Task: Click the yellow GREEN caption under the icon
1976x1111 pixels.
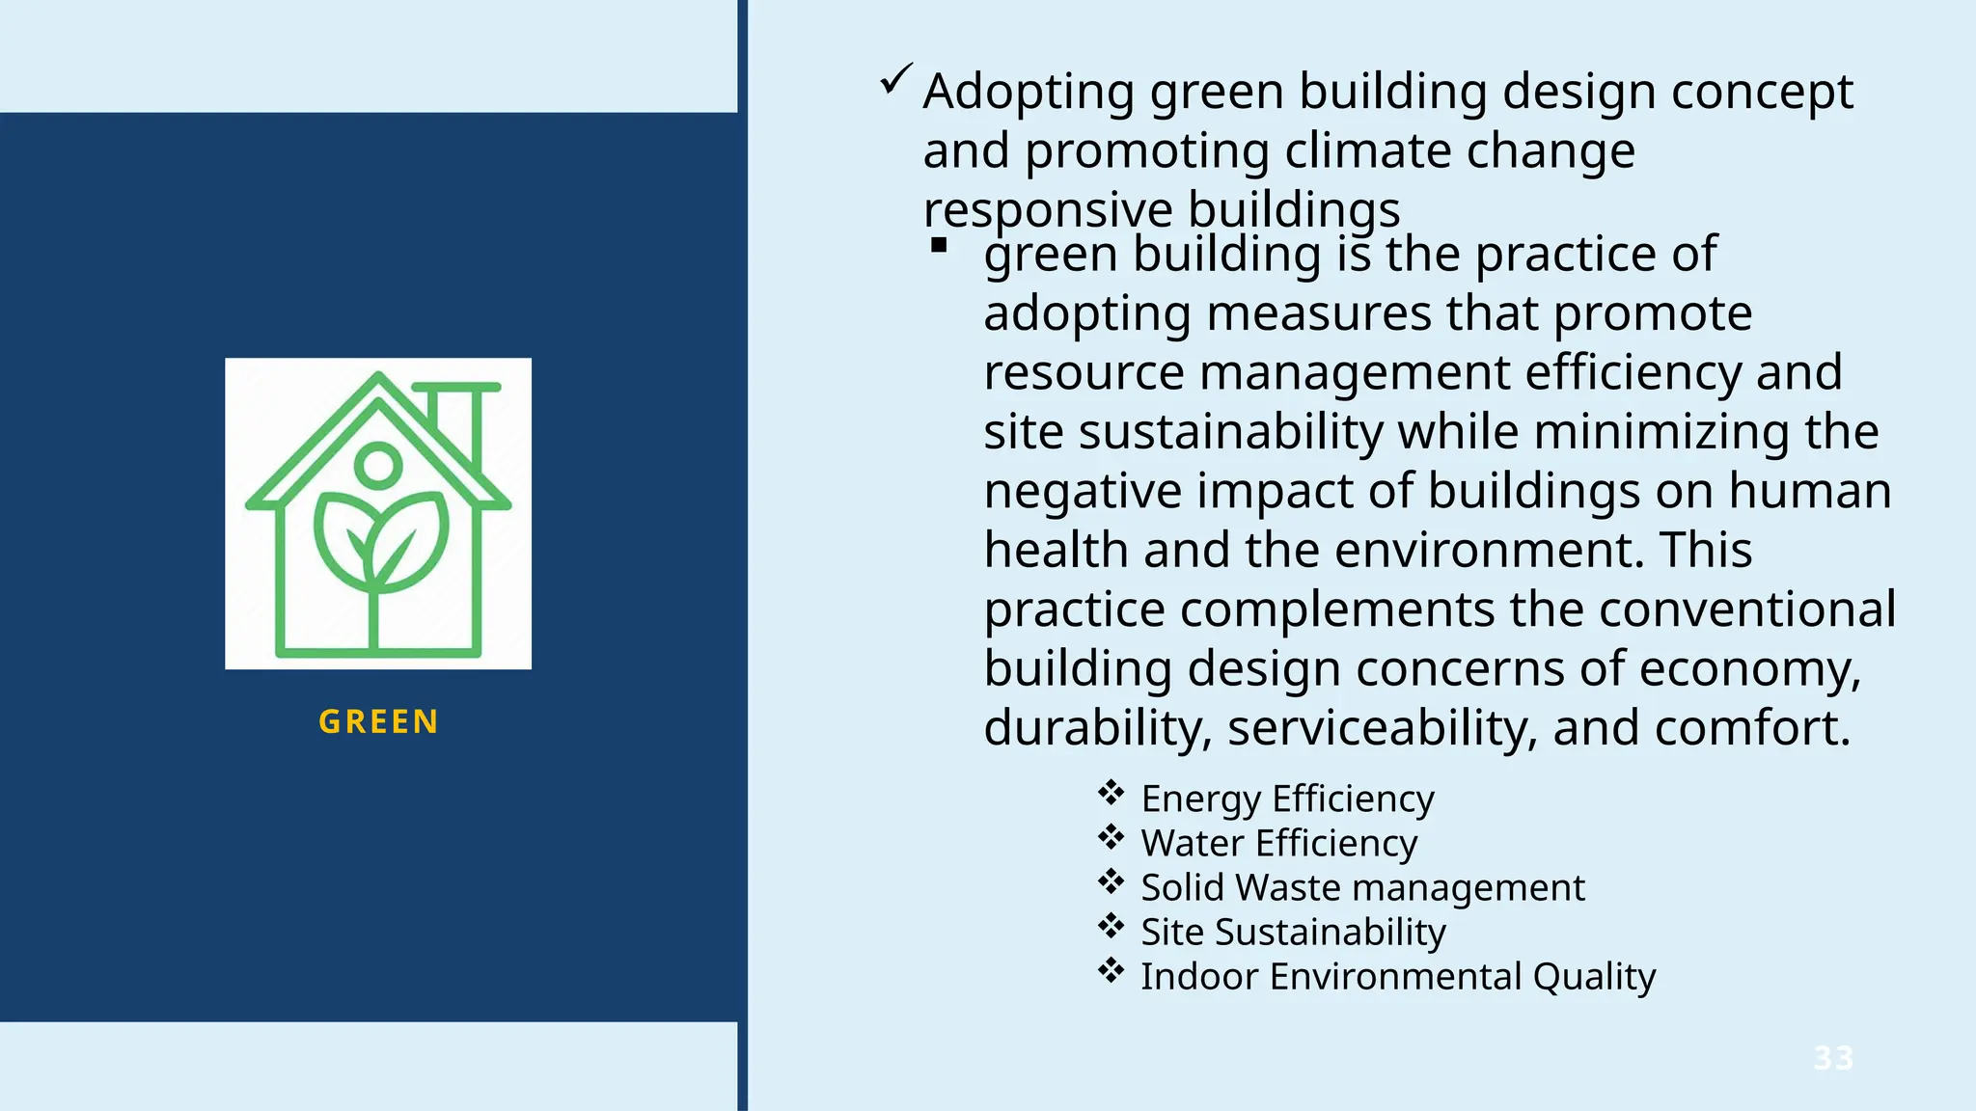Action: click(x=378, y=721)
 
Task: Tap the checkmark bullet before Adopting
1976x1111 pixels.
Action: click(x=895, y=79)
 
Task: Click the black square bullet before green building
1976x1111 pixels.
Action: click(x=939, y=246)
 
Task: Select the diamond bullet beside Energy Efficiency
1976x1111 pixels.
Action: click(x=1111, y=793)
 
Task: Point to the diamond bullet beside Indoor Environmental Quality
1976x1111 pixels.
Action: click(x=1111, y=970)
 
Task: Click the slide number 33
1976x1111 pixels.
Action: click(x=1833, y=1058)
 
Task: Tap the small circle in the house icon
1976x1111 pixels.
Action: click(x=378, y=464)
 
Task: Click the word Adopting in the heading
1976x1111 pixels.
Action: click(x=1029, y=93)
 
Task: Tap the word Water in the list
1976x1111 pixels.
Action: click(x=1193, y=843)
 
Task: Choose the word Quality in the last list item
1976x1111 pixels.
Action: click(x=1594, y=976)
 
